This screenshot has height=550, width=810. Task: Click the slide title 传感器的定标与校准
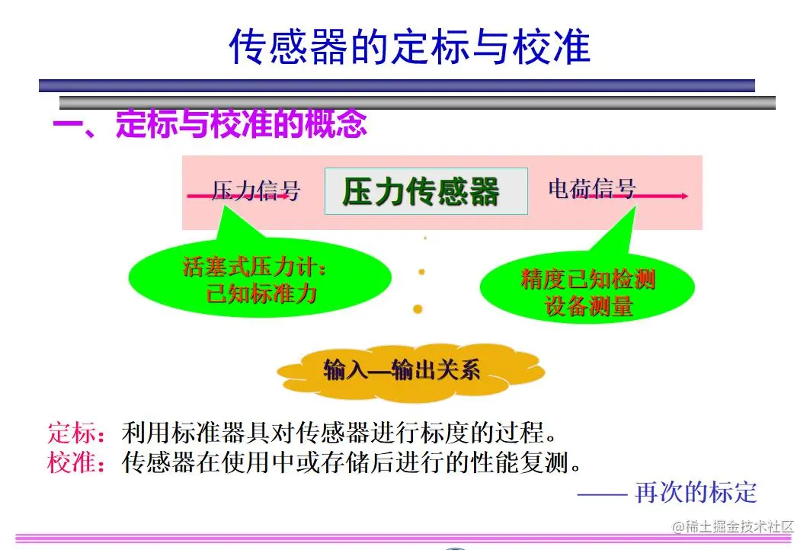[x=409, y=47]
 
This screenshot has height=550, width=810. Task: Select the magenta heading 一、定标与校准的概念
[x=210, y=124]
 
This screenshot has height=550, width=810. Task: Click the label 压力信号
[x=255, y=190]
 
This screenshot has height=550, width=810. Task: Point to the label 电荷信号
[x=591, y=188]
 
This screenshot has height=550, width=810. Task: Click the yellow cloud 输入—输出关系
[x=402, y=371]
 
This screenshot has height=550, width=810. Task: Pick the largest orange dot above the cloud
[x=418, y=309]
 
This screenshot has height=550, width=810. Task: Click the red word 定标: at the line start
[x=76, y=434]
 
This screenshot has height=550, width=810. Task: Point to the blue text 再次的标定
[x=696, y=492]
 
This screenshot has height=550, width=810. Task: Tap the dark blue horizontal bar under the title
[x=396, y=86]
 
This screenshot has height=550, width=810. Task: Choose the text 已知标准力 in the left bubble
[x=261, y=295]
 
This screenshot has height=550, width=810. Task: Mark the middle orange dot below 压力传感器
[x=421, y=271]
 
